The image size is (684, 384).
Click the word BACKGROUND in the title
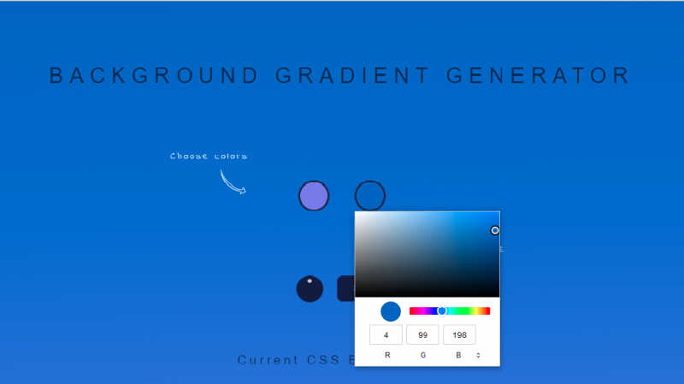[x=154, y=75]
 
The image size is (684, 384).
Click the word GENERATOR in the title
[x=538, y=75]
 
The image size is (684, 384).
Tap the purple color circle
[x=314, y=196]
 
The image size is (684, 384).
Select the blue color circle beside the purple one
[x=370, y=196]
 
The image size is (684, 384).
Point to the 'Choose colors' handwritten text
[x=209, y=156]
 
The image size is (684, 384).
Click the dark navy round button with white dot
[x=310, y=288]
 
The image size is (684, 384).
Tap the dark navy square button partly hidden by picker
[x=346, y=288]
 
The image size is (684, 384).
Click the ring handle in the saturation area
[x=495, y=230]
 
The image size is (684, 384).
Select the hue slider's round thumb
[x=442, y=310]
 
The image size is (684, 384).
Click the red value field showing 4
[x=386, y=335]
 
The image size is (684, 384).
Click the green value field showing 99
[x=422, y=335]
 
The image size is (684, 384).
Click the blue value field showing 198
[x=459, y=335]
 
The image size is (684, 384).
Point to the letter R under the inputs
[x=387, y=355]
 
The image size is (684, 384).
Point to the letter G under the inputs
[x=422, y=355]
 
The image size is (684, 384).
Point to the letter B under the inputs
[x=458, y=355]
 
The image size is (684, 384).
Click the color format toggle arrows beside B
[x=478, y=355]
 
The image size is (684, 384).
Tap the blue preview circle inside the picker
[x=391, y=311]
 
